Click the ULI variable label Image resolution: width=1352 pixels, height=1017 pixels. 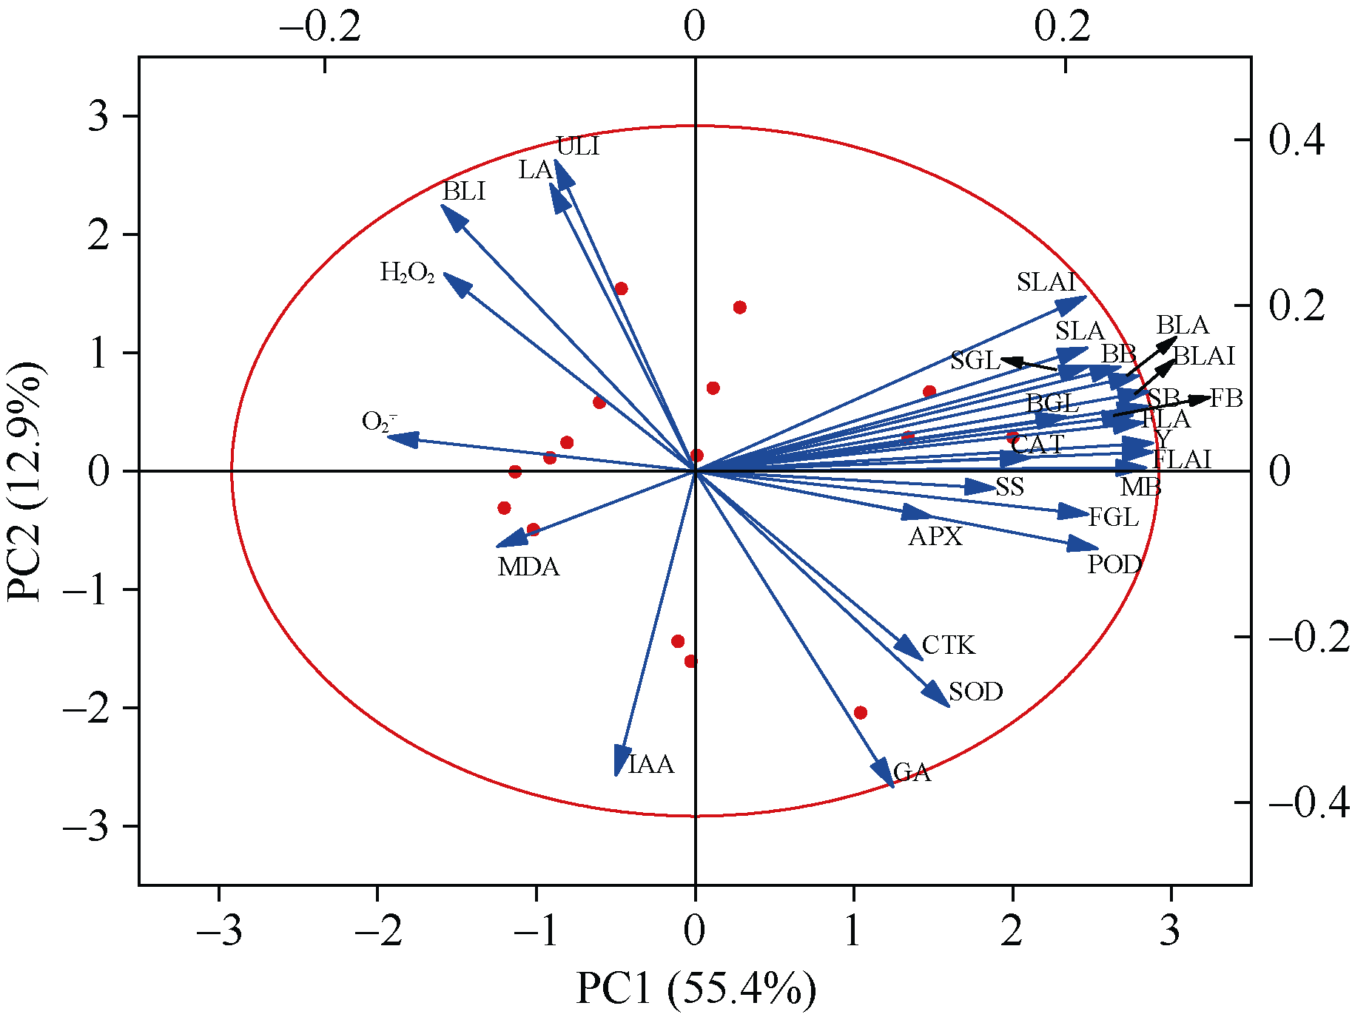577,146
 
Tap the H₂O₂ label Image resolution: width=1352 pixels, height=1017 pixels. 407,273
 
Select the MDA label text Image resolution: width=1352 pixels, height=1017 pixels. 528,567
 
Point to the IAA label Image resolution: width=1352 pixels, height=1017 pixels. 651,764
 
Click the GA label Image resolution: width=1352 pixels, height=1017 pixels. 912,773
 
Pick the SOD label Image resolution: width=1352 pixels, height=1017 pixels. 975,692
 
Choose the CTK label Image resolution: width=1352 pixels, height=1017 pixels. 949,646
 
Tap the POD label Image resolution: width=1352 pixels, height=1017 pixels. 1114,565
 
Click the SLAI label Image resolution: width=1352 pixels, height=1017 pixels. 1046,282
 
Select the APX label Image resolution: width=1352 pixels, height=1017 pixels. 935,536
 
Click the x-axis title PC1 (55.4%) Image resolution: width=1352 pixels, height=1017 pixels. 696,989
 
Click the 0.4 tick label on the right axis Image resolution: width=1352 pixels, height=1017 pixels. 1296,140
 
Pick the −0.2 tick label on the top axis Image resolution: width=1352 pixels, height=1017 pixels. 320,27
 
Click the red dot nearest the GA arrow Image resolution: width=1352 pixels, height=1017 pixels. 860,713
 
